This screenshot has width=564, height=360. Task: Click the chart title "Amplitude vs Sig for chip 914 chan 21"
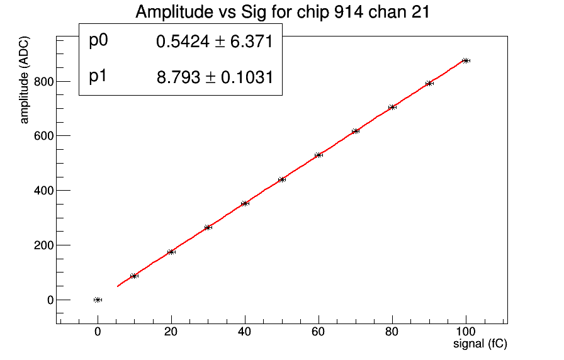(282, 12)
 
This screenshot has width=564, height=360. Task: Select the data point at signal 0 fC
(98, 300)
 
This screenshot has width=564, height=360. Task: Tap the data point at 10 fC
(134, 276)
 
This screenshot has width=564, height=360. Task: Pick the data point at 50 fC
(282, 179)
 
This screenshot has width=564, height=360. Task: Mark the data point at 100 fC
(466, 60)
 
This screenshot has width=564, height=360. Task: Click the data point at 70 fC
(356, 131)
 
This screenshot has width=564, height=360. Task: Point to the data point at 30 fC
(208, 227)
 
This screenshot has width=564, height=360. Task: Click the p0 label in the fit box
(99, 41)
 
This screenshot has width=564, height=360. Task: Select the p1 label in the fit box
(99, 77)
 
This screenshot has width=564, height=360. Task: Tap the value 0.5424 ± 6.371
(214, 42)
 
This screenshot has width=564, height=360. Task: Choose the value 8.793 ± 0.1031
(214, 78)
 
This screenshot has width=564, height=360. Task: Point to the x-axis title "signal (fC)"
(480, 344)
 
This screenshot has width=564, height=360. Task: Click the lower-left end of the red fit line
(118, 286)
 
